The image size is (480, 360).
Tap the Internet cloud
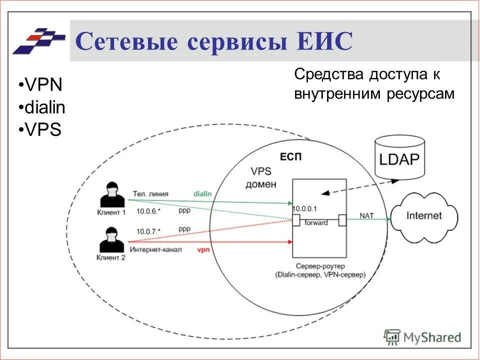pyautogui.click(x=424, y=215)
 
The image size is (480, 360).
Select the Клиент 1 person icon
pyautogui.click(x=110, y=195)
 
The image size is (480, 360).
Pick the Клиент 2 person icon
pyautogui.click(x=110, y=240)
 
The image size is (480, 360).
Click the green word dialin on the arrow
pyautogui.click(x=202, y=193)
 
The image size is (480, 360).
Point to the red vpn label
pyautogui.click(x=203, y=248)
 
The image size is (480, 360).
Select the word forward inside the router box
pyautogui.click(x=316, y=222)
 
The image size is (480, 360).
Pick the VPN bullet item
pyautogui.click(x=43, y=85)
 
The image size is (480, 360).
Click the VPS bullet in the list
pyautogui.click(x=42, y=130)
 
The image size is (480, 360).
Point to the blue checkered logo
pyautogui.click(x=39, y=40)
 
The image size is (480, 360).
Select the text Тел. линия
pyautogui.click(x=150, y=193)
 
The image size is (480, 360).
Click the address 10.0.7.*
pyautogui.click(x=148, y=231)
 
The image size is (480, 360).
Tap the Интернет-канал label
pyautogui.click(x=156, y=249)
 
